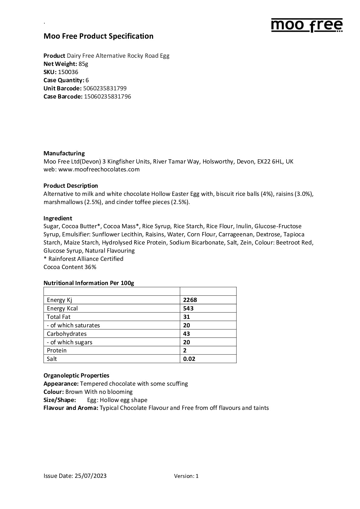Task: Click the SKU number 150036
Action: click(68, 72)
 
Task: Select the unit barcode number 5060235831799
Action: click(105, 88)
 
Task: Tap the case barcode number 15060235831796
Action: click(108, 96)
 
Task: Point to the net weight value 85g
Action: click(83, 64)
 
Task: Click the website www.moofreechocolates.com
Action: click(99, 169)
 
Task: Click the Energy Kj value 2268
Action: click(190, 300)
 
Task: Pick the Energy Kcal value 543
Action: click(188, 308)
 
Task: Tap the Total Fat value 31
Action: click(186, 317)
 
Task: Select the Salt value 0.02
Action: click(189, 359)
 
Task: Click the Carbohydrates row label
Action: click(66, 334)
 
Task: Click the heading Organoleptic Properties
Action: click(76, 375)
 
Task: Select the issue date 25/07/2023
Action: click(90, 476)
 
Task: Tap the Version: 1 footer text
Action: click(186, 476)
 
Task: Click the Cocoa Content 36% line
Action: click(70, 267)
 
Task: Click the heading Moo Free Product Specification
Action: click(99, 36)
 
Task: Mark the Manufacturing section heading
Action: click(64, 153)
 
